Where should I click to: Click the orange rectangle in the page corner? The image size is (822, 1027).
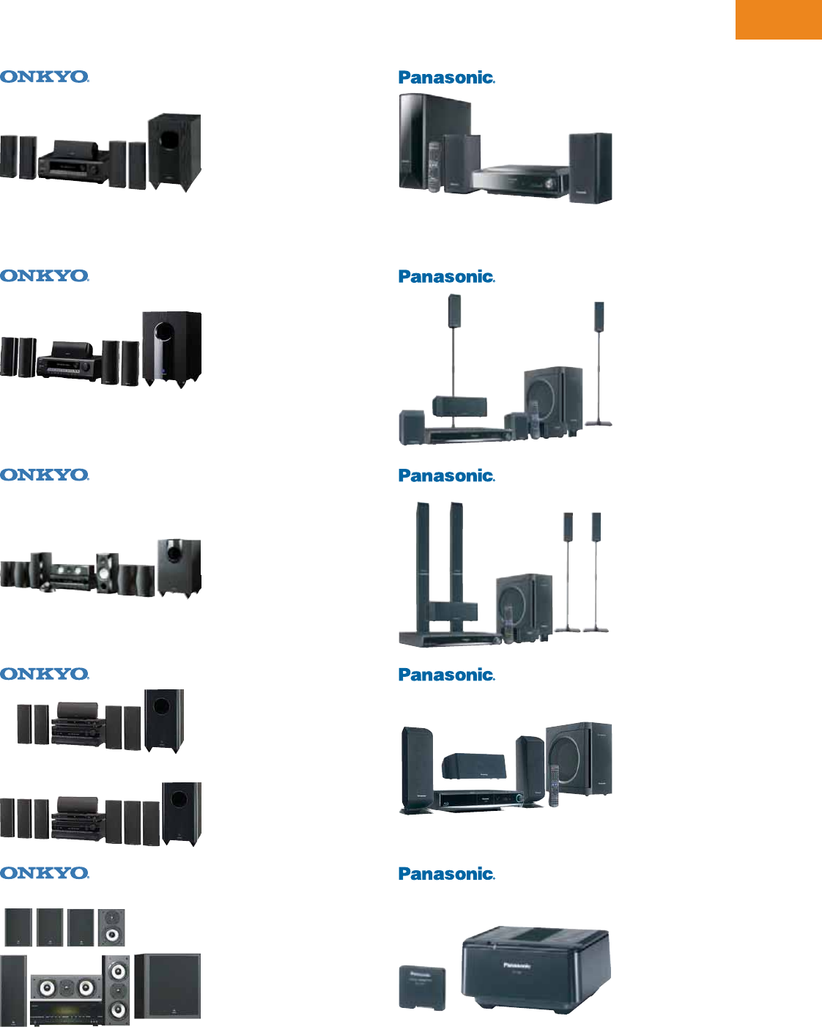pos(778,19)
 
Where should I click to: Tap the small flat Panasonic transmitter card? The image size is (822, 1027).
pos(423,987)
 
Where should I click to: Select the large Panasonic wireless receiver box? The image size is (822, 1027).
pos(536,970)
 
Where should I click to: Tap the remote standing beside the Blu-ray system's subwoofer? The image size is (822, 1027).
pos(555,785)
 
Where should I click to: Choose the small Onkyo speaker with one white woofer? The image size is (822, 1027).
pos(111,927)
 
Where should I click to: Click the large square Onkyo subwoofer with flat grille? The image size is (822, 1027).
pos(168,985)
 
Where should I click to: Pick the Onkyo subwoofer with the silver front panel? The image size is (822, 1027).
pos(172,347)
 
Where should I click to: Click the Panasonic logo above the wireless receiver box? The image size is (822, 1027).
pos(446,874)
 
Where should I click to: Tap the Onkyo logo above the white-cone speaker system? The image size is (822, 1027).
pos(45,873)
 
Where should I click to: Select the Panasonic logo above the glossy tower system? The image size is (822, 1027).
pos(446,78)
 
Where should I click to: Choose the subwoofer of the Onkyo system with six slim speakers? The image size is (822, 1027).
pos(182,813)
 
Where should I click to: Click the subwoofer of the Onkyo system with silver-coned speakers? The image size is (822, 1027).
pos(179,567)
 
